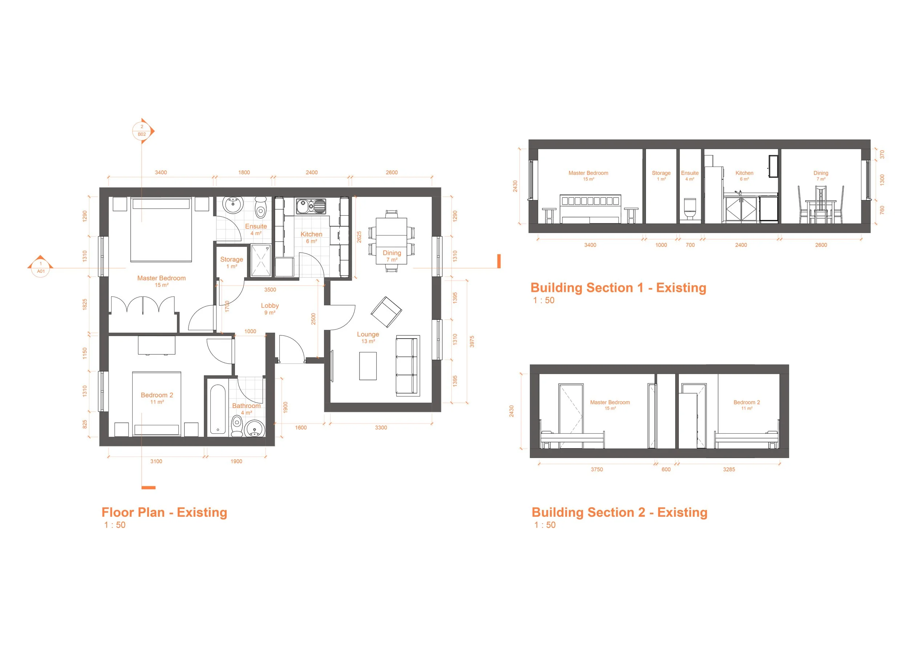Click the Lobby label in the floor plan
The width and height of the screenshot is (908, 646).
coord(269,306)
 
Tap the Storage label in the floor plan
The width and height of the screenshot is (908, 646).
coord(231,260)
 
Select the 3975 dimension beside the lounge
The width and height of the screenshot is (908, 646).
coord(472,341)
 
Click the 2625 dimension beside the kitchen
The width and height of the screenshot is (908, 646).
coord(359,237)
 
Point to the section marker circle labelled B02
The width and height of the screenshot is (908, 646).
coord(142,131)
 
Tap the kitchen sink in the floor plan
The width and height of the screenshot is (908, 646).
coord(311,207)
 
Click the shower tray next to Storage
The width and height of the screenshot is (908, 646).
coord(261,261)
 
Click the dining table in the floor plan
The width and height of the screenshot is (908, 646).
coord(391,241)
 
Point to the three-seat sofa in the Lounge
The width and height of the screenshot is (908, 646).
coord(407,365)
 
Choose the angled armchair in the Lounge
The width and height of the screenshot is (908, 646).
coord(386,311)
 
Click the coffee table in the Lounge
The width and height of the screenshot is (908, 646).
coord(368,366)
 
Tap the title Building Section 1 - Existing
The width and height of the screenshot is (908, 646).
coord(618,287)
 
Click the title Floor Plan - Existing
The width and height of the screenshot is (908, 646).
coord(165,512)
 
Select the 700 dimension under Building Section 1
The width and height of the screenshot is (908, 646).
coord(690,245)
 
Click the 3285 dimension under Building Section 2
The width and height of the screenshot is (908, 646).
coord(729,469)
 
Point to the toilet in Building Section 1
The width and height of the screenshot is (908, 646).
coord(689,209)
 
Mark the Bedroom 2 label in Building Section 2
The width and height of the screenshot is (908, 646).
coord(746,402)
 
